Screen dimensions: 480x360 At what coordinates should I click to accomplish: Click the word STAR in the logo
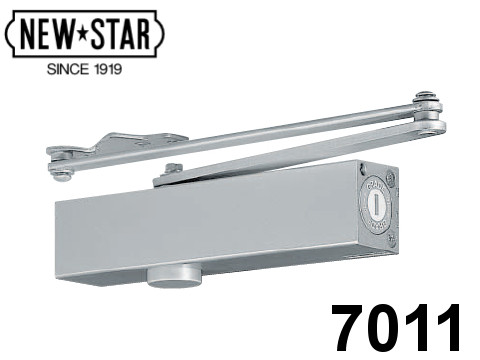(120, 34)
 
